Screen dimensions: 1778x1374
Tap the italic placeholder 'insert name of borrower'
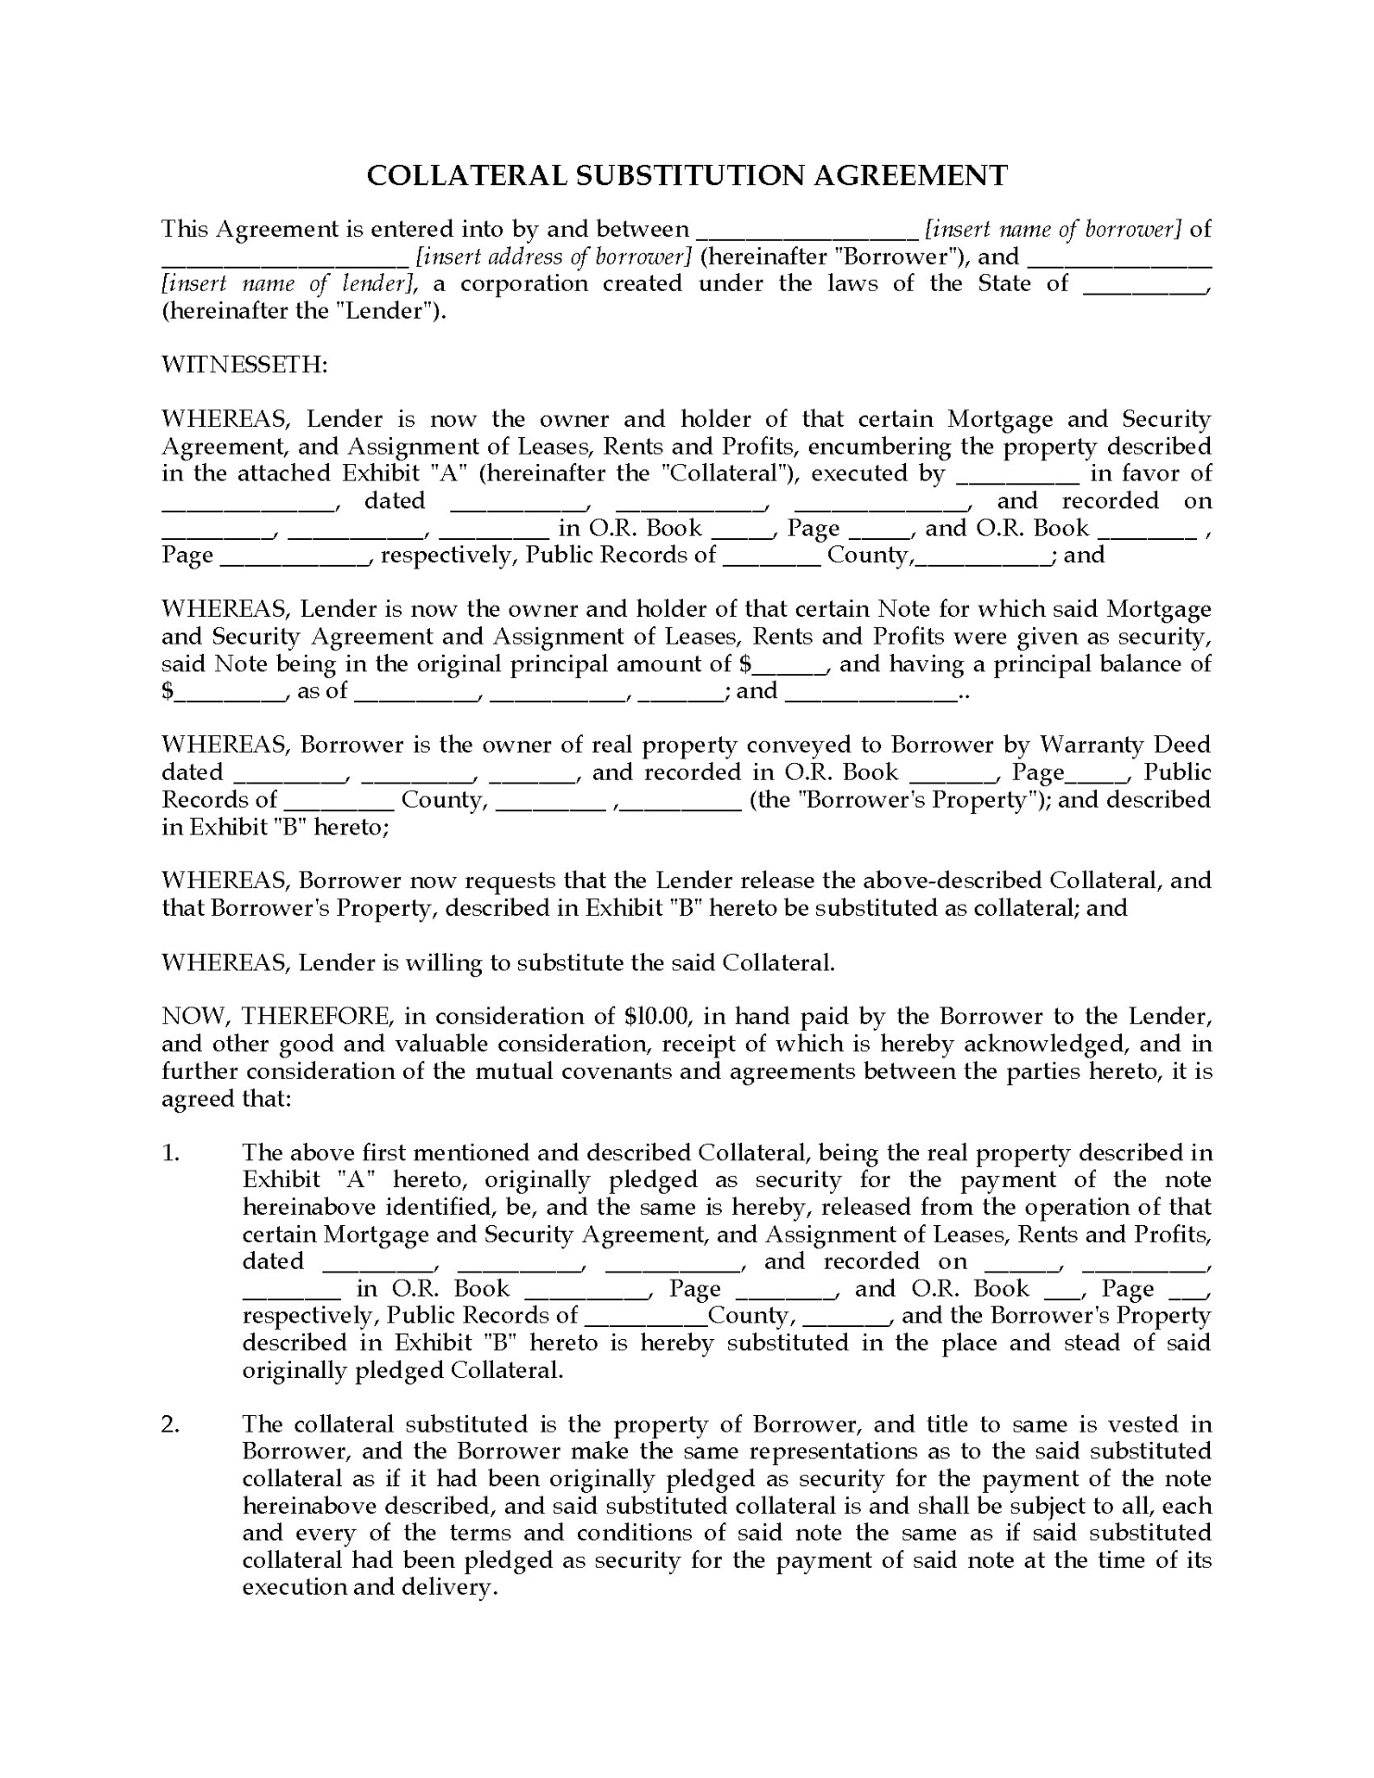point(1053,229)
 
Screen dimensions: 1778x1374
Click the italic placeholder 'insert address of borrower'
point(554,257)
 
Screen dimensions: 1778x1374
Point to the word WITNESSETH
point(245,364)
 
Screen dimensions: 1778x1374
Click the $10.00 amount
point(658,1016)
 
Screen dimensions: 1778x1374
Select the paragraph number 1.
point(170,1152)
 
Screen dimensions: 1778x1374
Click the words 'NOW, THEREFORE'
point(275,1016)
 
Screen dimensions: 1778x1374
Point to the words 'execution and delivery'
point(367,1586)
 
